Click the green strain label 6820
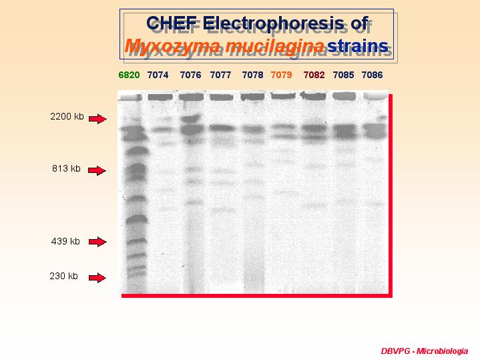tap(129, 75)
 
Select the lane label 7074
tap(158, 75)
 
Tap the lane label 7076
tap(190, 75)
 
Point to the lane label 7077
tap(220, 75)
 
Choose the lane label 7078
tap(252, 75)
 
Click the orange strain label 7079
tap(281, 75)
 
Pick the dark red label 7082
tap(314, 75)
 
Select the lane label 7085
tap(343, 75)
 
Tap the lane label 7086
tap(372, 75)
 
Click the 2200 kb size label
tap(67, 116)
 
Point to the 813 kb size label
tap(66, 168)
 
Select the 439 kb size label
tap(65, 241)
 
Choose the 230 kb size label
tap(63, 276)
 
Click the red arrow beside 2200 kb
tap(97, 119)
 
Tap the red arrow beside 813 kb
tap(97, 170)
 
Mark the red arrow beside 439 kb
tap(97, 241)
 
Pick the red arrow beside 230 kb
tap(97, 278)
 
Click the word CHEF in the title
tap(172, 23)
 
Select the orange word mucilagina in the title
tap(274, 46)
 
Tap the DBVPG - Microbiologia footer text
tap(425, 351)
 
